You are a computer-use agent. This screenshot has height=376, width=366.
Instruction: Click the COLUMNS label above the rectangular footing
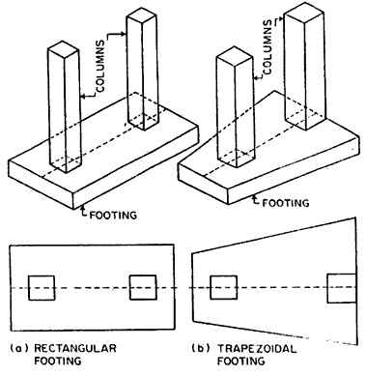pos(100,66)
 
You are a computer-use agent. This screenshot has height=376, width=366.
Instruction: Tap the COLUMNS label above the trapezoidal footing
pos(267,47)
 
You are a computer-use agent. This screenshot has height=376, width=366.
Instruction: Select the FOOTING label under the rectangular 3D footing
pos(113,215)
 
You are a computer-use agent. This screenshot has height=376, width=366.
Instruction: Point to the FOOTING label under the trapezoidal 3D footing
pos(286,203)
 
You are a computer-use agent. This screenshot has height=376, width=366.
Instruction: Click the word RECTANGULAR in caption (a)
pos(75,348)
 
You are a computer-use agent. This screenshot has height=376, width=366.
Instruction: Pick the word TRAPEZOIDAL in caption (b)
pos(257,349)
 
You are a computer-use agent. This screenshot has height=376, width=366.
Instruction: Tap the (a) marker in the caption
pos(20,348)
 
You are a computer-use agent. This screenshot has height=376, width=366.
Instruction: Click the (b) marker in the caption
pos(201,349)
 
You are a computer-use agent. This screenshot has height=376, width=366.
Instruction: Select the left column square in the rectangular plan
pos(42,288)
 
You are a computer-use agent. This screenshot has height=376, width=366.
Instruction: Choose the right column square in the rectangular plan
pos(143,287)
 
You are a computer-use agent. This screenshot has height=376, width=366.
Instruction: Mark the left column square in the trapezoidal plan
pos(224,287)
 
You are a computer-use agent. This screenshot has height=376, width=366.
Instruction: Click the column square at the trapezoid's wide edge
pos(342,288)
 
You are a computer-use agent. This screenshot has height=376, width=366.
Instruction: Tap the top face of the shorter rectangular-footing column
pos(63,50)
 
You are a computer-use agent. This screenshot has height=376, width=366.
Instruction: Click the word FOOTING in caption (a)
pos(58,361)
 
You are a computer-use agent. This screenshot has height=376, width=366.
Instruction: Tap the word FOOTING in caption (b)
pos(241,361)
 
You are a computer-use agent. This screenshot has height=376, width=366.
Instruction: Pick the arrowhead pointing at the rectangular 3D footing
pos(83,207)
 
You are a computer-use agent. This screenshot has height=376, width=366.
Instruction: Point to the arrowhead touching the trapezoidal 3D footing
pos(256,197)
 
